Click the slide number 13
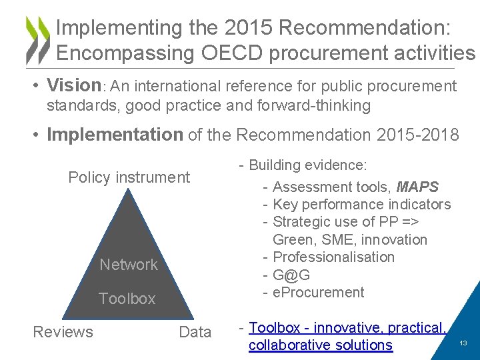(x=463, y=343)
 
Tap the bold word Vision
(x=73, y=85)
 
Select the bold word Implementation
(x=115, y=135)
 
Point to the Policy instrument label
(x=129, y=177)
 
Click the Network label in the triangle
(x=129, y=265)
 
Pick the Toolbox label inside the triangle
(x=127, y=299)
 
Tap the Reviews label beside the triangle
(x=63, y=332)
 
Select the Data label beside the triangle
(x=195, y=332)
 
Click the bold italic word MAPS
(x=417, y=187)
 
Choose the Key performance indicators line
(x=361, y=205)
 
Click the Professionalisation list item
(x=333, y=257)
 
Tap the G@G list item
(x=291, y=275)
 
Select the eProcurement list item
(x=318, y=292)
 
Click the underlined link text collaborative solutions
(x=320, y=345)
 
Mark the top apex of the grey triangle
(x=128, y=189)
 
